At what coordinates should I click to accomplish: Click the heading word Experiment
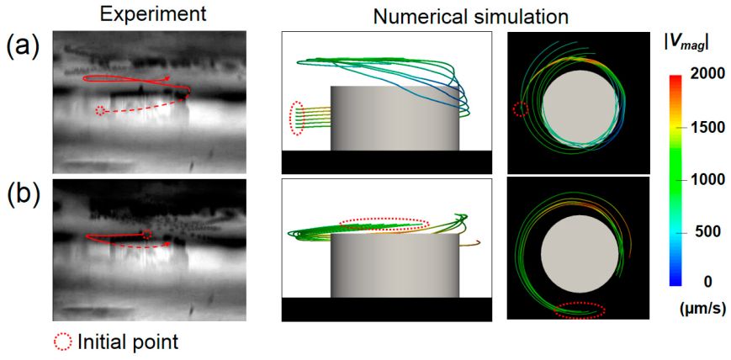pos(153,15)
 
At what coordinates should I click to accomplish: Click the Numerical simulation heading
pos(471,18)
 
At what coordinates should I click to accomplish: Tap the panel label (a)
pos(24,47)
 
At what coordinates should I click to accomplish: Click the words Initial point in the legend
pos(128,342)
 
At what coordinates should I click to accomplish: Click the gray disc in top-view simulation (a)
pos(581,109)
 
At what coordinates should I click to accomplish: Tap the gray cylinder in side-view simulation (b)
pos(395,265)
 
